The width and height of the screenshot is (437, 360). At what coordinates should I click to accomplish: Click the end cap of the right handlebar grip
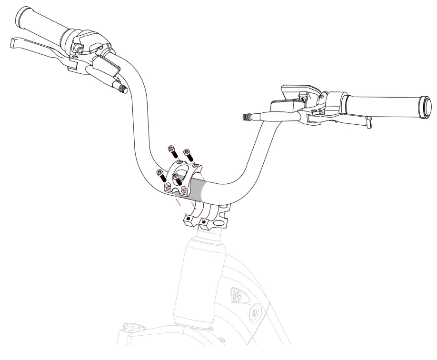coord(425,105)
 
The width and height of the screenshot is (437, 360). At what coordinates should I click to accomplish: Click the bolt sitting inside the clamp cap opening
coord(177,178)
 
